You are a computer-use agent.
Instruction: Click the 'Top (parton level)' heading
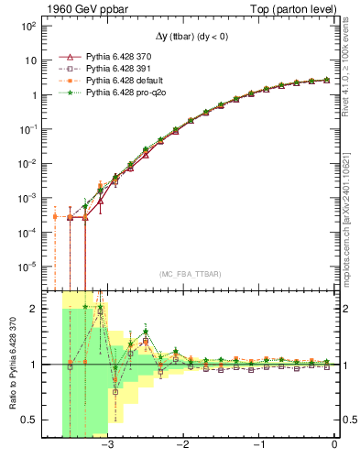point(294,8)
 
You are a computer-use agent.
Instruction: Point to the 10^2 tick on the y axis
point(27,27)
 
